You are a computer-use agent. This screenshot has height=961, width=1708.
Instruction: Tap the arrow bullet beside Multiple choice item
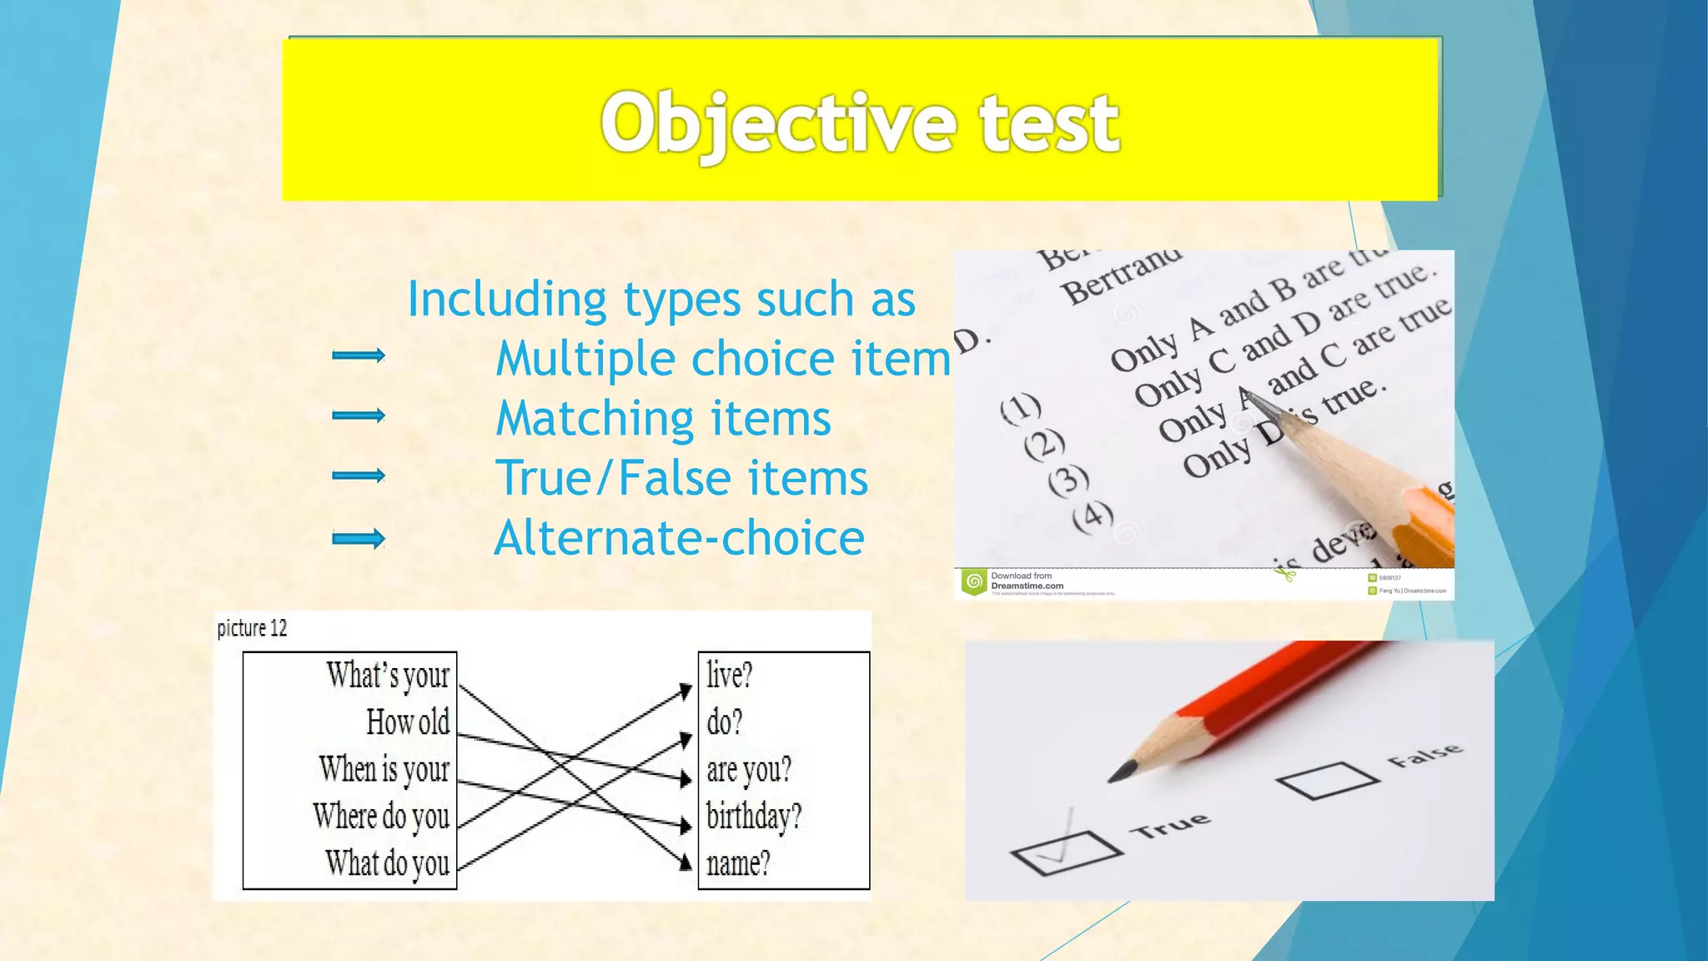pos(359,356)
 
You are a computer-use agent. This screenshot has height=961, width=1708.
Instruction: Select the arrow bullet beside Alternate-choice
pos(359,538)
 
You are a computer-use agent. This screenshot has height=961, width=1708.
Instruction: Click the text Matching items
pos(663,418)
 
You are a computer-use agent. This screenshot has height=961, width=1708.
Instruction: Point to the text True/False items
pos(681,478)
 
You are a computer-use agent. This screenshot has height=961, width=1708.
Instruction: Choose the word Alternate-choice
pos(679,538)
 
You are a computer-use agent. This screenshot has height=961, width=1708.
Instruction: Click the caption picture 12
pos(252,628)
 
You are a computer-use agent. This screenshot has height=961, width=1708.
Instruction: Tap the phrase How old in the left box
pos(408,722)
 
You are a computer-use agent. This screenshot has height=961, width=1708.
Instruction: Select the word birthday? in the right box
pos(753,816)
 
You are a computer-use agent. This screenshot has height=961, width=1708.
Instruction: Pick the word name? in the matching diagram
pos(738,863)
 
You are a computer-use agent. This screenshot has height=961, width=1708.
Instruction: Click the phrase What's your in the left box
pos(388,675)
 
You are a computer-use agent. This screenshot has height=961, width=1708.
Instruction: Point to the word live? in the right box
pos(730,674)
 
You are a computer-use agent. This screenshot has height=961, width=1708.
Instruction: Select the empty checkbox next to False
pos(1327,780)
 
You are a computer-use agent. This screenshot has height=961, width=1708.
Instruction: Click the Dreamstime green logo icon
pos(973,581)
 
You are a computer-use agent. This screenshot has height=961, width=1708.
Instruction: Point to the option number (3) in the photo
pos(1069,480)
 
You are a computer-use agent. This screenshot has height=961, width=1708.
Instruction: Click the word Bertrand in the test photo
pos(1121,276)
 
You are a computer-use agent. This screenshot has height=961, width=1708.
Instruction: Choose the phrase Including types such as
pos(661,299)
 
